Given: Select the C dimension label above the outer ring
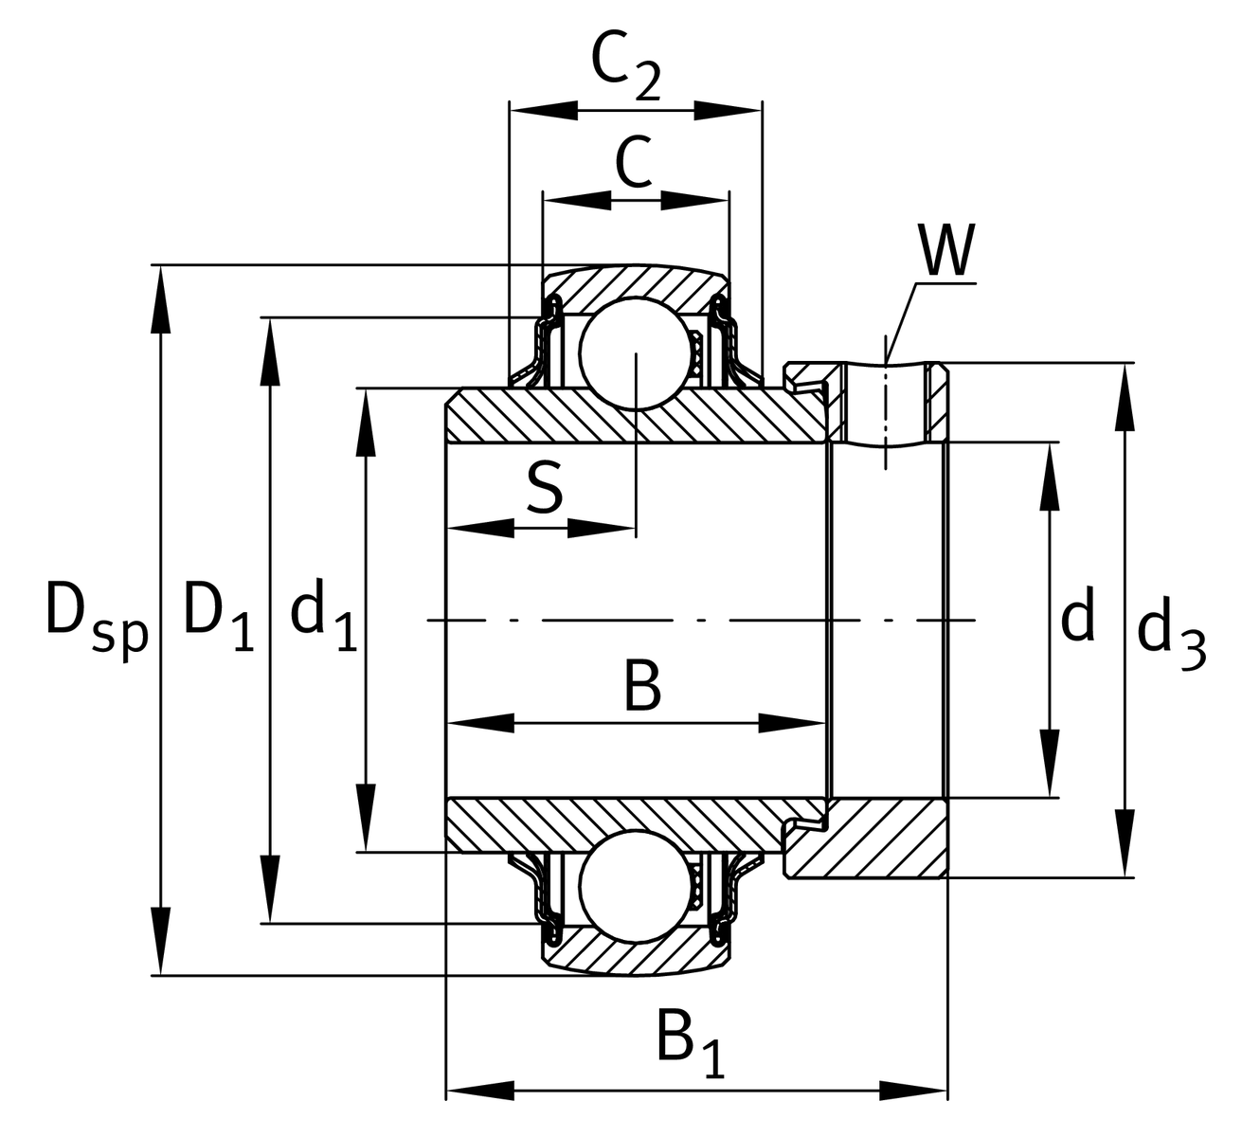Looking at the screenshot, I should [634, 162].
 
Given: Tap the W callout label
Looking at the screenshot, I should [946, 250].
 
